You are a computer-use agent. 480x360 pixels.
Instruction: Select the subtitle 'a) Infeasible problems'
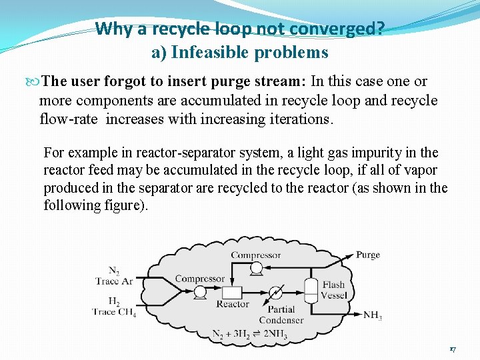(x=239, y=52)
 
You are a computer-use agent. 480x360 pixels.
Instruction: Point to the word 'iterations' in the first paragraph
(x=298, y=120)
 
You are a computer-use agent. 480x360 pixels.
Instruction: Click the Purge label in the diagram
(x=367, y=255)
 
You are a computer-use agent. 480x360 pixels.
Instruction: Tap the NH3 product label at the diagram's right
(x=372, y=315)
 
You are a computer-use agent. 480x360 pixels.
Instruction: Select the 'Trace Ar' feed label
(x=113, y=281)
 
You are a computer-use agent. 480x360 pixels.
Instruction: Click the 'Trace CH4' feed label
(x=114, y=311)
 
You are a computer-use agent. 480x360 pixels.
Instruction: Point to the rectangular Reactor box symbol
(x=231, y=292)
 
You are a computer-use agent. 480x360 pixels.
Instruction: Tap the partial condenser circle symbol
(x=275, y=293)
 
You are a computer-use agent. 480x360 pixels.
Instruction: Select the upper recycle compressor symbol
(x=256, y=267)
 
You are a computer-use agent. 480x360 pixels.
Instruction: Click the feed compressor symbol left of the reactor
(x=199, y=292)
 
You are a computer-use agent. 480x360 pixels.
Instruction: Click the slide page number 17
(x=452, y=349)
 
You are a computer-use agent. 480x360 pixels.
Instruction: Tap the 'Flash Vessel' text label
(x=333, y=290)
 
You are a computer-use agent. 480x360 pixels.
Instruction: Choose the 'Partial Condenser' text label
(x=281, y=315)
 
